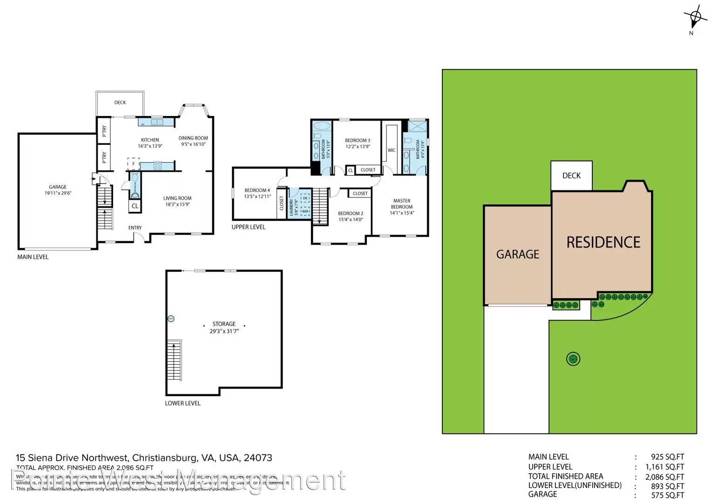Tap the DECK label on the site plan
(571, 176)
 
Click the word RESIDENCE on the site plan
(603, 242)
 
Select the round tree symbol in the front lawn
(573, 359)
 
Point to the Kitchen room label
(150, 140)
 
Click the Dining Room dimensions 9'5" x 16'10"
(193, 144)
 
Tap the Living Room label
(177, 198)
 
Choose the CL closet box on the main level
(135, 206)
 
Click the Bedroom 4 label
(257, 190)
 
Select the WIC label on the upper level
(392, 150)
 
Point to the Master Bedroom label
(402, 204)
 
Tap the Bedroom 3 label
(358, 140)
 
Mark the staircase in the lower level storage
(174, 360)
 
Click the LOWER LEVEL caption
(183, 403)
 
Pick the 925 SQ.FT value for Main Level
(667, 457)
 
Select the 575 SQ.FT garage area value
(667, 495)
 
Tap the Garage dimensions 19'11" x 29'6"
(58, 193)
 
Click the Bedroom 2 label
(351, 213)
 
